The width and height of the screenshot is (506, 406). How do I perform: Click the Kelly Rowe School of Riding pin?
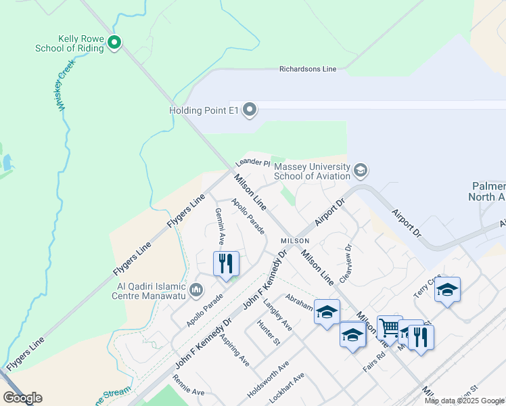click(x=114, y=43)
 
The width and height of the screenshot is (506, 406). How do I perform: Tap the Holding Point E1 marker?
click(x=250, y=110)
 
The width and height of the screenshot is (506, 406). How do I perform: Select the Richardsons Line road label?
click(x=308, y=69)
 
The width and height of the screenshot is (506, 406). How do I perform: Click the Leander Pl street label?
click(x=252, y=163)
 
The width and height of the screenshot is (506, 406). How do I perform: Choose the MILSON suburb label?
click(x=295, y=241)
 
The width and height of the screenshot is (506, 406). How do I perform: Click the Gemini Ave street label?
click(x=220, y=226)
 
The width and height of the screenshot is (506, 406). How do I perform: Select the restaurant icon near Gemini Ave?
click(x=226, y=263)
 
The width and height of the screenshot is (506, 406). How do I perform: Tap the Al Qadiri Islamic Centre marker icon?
click(x=197, y=290)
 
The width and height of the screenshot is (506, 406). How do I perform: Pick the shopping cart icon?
click(x=390, y=328)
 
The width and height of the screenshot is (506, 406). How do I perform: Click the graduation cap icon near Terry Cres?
click(x=447, y=290)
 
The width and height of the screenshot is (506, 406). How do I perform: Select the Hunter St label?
click(x=269, y=332)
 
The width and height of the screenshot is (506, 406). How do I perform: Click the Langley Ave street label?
click(x=278, y=315)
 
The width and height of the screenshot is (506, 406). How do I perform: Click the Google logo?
click(x=22, y=398)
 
